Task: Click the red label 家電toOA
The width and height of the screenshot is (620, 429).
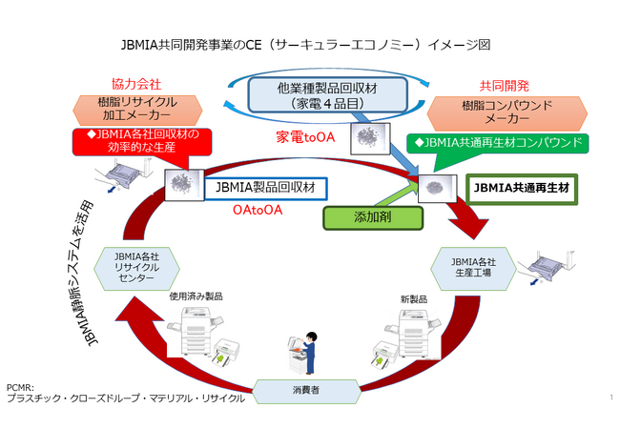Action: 304,136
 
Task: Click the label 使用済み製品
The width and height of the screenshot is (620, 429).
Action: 196,296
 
